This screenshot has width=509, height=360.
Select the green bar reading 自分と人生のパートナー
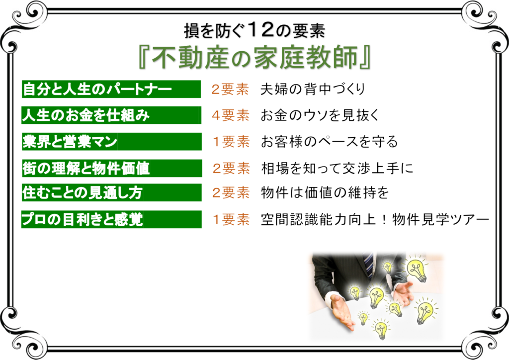point(111,89)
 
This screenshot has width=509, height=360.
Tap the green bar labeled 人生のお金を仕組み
point(111,115)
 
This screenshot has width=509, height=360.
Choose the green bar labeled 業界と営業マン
point(112,141)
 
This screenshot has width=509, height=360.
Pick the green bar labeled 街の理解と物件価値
point(112,168)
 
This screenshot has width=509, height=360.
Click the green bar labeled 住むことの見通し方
point(112,192)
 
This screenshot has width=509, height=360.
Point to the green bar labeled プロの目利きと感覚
point(111,219)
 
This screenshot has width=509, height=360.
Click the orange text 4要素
point(231,115)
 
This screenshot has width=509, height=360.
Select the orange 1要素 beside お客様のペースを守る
point(231,142)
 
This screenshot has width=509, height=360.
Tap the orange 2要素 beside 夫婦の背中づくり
point(230,90)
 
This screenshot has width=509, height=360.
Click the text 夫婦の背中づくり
point(313,89)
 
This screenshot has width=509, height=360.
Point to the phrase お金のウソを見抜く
point(320,115)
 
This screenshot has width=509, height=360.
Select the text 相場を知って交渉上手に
point(338,168)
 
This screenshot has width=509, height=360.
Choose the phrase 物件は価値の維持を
point(325,193)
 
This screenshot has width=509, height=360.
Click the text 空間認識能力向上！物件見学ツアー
point(375,220)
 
